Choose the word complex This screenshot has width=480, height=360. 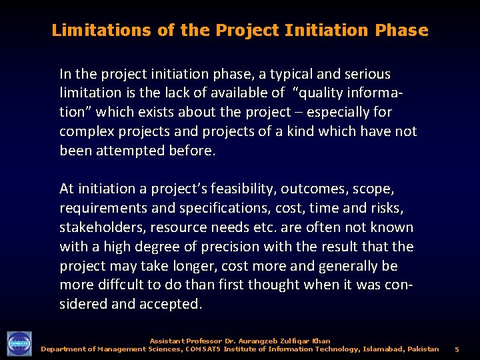[x=85, y=131]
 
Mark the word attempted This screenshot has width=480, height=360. [x=128, y=151]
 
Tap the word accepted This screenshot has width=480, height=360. [x=169, y=305]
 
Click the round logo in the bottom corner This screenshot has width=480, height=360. [x=19, y=343]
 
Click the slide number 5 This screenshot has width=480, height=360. [x=457, y=349]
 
